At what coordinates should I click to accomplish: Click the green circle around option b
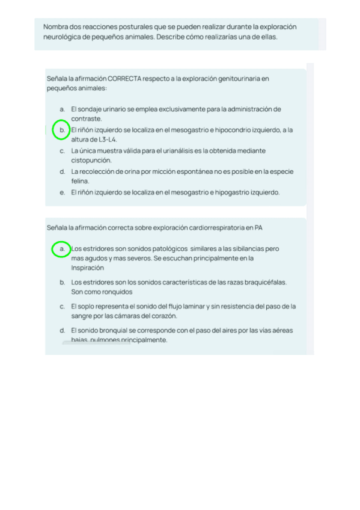(x=60, y=130)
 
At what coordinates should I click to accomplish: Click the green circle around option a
(x=60, y=248)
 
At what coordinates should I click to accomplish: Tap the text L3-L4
(x=107, y=140)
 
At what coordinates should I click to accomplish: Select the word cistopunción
(x=91, y=161)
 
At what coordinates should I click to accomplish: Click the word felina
(x=80, y=181)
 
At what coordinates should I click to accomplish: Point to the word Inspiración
(x=88, y=268)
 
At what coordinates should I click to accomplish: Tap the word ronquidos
(x=118, y=292)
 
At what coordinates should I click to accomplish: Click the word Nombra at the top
(x=55, y=27)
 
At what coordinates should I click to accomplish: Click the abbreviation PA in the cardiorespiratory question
(x=258, y=228)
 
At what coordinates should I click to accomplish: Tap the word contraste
(x=87, y=119)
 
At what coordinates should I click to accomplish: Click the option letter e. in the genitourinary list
(x=63, y=192)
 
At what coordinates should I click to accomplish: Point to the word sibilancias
(x=247, y=248)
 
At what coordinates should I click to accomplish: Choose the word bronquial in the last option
(x=110, y=330)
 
